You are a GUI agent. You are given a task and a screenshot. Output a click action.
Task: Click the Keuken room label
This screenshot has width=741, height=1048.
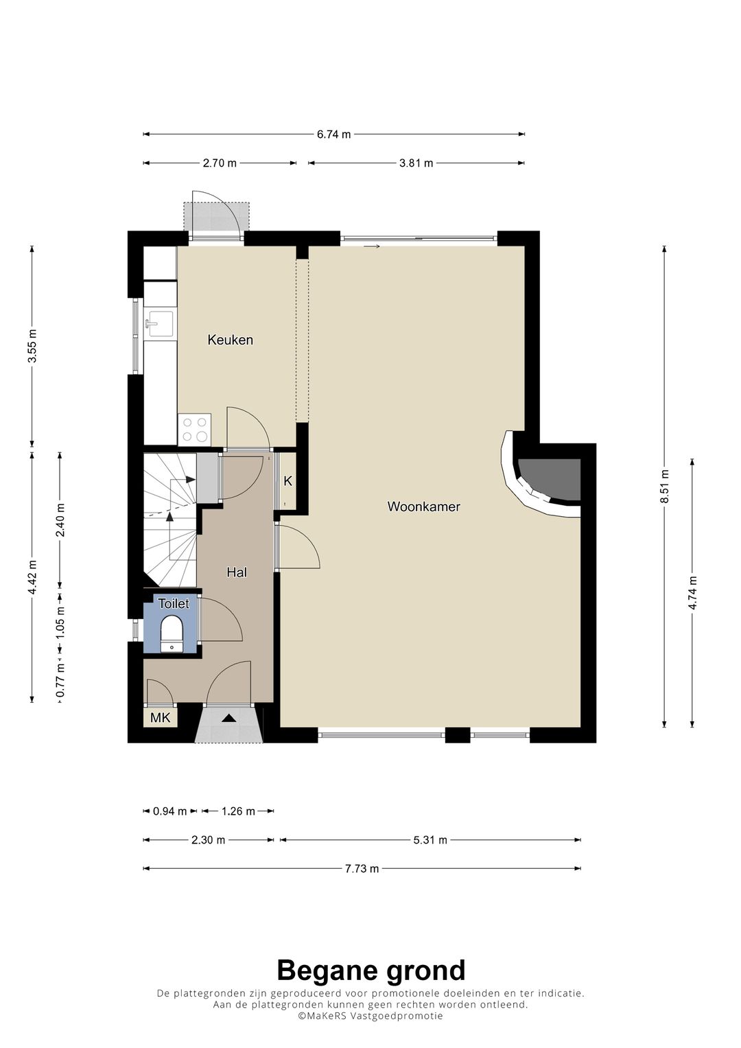click(x=230, y=340)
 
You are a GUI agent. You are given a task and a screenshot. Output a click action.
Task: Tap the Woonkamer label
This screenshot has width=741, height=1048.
click(x=424, y=506)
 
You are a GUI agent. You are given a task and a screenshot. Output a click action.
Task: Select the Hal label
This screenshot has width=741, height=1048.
click(x=237, y=572)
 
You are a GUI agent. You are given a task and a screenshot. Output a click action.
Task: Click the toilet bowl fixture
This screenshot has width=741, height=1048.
click(x=172, y=633)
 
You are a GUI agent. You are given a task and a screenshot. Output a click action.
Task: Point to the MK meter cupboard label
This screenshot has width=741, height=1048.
click(x=161, y=717)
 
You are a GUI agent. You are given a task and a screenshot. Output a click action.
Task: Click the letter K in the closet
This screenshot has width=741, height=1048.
click(x=288, y=481)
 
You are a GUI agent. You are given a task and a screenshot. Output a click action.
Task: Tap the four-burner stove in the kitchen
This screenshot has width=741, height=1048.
click(x=195, y=430)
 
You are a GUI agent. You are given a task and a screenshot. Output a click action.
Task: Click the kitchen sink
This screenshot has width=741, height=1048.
click(x=159, y=324)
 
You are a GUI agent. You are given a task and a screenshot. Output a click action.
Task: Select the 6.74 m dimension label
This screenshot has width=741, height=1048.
click(x=333, y=135)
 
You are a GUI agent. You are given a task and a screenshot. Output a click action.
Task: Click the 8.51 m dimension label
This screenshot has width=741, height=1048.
click(x=664, y=486)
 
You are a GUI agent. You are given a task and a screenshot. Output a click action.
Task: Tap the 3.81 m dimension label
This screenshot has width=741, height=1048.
click(x=416, y=163)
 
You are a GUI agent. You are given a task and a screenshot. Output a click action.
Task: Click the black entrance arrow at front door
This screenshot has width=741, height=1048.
click(x=228, y=718)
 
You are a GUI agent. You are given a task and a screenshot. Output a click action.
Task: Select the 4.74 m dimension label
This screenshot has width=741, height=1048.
click(x=692, y=592)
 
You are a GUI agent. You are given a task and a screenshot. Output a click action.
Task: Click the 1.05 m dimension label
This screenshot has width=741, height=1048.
click(x=60, y=622)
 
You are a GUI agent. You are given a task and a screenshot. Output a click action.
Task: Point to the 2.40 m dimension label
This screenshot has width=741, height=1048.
click(x=60, y=521)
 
